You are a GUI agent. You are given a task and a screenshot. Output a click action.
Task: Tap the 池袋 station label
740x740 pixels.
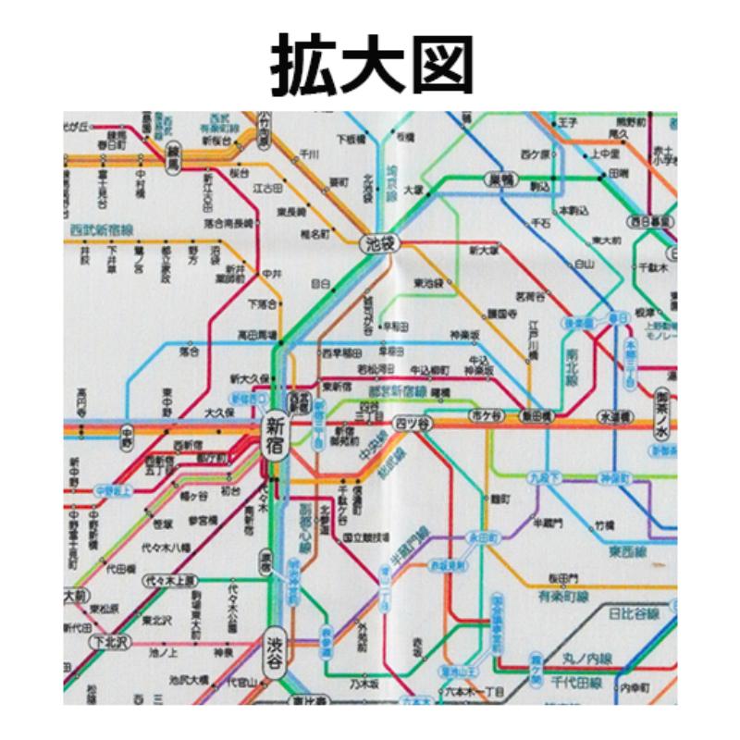pos(377,243)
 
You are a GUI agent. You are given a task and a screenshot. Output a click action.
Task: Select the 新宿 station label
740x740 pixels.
pos(276,435)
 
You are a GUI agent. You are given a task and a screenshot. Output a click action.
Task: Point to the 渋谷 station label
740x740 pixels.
pos(276,646)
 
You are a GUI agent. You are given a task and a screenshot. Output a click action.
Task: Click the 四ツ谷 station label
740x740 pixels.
pos(413,423)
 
